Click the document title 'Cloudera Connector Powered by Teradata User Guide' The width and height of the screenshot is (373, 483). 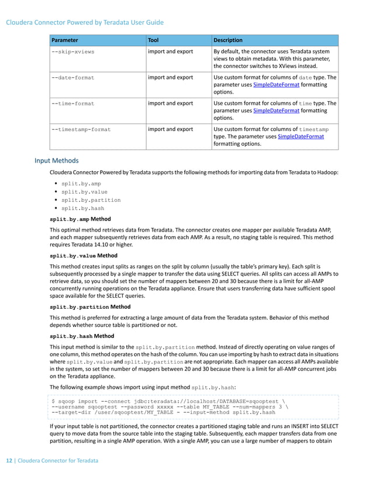tap(85, 23)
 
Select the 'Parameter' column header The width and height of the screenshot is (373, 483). tap(65, 40)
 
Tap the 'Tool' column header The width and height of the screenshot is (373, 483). tap(154, 40)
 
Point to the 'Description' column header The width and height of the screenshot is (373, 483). tap(228, 40)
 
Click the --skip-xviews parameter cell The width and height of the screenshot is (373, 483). tap(73, 51)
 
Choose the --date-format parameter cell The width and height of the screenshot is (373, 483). tap(73, 77)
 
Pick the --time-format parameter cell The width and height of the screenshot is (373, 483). tap(73, 103)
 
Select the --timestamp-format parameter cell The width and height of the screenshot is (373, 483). tap(81, 129)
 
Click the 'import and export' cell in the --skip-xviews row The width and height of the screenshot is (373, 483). tap(170, 51)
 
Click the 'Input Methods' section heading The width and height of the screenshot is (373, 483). tap(56, 160)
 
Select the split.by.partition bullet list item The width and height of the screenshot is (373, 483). tap(91, 200)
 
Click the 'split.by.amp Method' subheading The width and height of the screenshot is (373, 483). tap(80, 219)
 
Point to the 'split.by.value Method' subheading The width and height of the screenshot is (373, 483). tap(84, 256)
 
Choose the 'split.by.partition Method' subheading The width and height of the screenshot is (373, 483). tap(89, 306)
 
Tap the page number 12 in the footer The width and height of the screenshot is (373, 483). tap(10, 461)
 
